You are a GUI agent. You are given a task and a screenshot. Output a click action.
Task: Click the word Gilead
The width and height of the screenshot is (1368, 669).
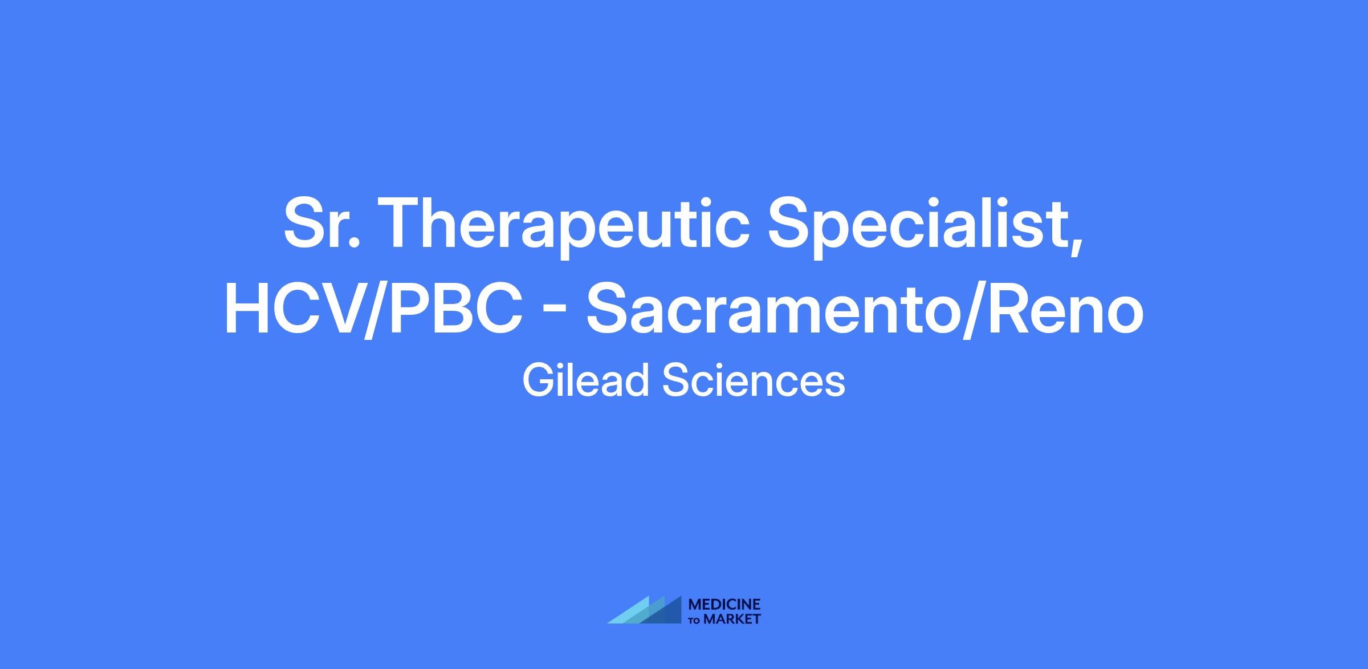(587, 380)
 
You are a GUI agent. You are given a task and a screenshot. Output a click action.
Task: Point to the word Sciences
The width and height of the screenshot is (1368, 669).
(753, 380)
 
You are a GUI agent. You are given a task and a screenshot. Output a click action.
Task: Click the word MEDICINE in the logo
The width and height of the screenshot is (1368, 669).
(725, 604)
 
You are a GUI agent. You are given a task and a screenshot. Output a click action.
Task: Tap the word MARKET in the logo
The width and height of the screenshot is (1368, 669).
(732, 619)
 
